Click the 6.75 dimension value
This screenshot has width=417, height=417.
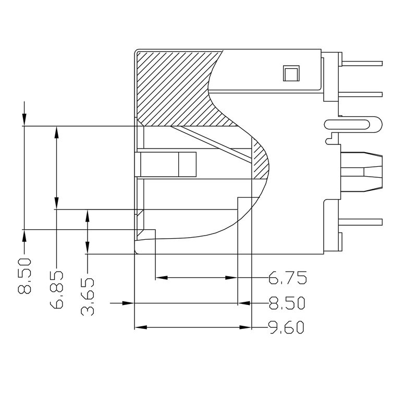pyautogui.click(x=287, y=278)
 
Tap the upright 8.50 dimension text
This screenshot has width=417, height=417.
pyautogui.click(x=287, y=303)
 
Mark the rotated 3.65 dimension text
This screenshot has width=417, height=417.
pyautogui.click(x=88, y=297)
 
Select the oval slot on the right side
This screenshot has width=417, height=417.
pyautogui.click(x=352, y=125)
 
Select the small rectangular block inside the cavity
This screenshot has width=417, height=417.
pyautogui.click(x=167, y=165)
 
